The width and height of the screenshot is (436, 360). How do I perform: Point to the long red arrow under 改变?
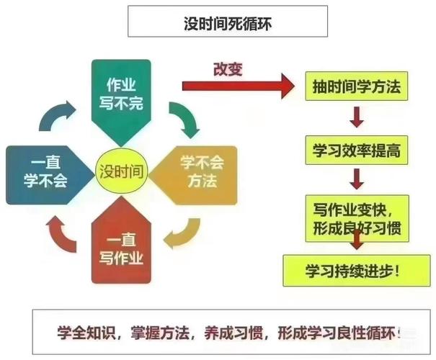[x=238, y=85]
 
